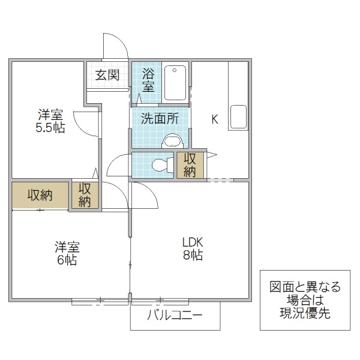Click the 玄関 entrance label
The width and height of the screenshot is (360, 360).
pos(107,75)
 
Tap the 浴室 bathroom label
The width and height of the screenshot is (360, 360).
pos(148,80)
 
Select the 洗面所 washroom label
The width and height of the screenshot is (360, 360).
pos(160,118)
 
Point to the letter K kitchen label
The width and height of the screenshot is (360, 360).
pos(214,119)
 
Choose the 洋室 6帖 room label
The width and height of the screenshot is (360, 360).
pos(67,253)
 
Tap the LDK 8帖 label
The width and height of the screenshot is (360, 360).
pos(193,249)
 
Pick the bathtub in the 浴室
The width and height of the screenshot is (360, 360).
pos(176,82)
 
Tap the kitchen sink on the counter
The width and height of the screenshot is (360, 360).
pos(238,116)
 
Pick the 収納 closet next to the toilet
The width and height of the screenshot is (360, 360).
pos(190,165)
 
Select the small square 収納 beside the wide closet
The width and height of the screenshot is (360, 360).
pos(85,195)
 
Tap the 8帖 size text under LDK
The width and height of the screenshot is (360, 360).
pos(193,256)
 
